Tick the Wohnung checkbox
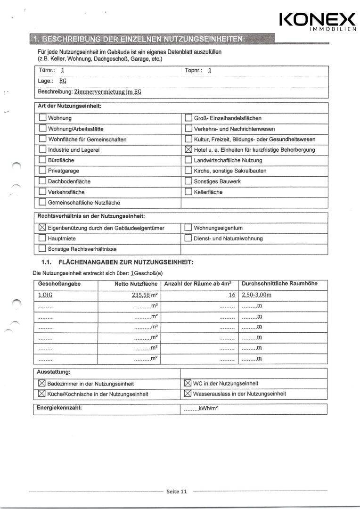pyautogui.click(x=42, y=118)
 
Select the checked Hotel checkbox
pyautogui.click(x=188, y=150)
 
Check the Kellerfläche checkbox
pyautogui.click(x=188, y=192)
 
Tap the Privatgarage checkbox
pyautogui.click(x=42, y=171)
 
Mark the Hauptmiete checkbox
pyautogui.click(x=42, y=238)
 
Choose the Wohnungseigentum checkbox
pyautogui.click(x=188, y=228)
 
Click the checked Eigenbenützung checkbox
pyautogui.click(x=42, y=228)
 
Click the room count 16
pyautogui.click(x=231, y=295)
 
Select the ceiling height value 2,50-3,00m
pyautogui.click(x=257, y=295)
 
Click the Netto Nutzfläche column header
pyautogui.click(x=136, y=284)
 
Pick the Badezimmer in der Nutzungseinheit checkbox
pyautogui.click(x=41, y=384)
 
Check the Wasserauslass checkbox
pyautogui.click(x=187, y=394)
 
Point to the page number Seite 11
pyautogui.click(x=177, y=492)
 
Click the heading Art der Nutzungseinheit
pyautogui.click(x=69, y=107)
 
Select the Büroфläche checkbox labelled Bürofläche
pyautogui.click(x=42, y=160)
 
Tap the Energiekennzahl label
pyautogui.click(x=59, y=408)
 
